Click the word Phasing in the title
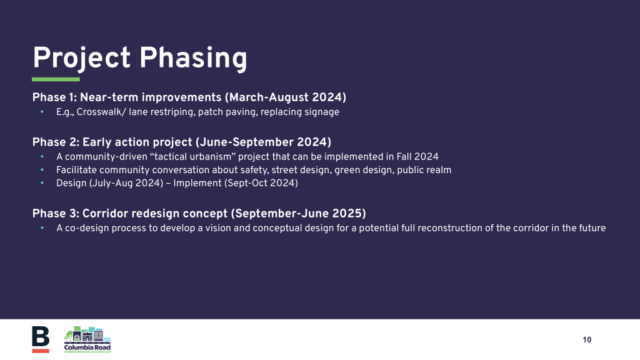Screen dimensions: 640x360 193,58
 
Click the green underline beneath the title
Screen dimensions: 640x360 56,79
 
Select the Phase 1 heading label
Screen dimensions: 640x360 55,97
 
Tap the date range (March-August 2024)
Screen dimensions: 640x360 285,97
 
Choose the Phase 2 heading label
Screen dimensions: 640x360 56,142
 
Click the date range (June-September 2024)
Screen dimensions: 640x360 263,142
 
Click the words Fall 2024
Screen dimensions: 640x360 417,157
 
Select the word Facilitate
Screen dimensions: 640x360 76,170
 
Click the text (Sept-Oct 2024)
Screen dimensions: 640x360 261,183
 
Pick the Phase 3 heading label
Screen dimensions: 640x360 56,214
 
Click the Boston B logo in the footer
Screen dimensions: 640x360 41,339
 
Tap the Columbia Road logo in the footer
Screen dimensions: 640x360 87,339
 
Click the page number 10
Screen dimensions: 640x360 587,339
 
